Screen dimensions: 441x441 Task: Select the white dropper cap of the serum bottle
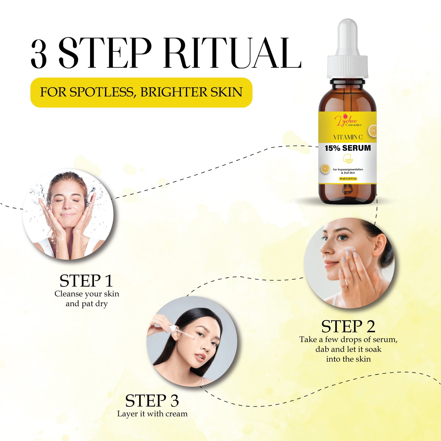pyautogui.click(x=347, y=52)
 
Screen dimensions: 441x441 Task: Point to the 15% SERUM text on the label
pyautogui.click(x=348, y=148)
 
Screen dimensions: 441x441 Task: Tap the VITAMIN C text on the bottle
pyautogui.click(x=348, y=137)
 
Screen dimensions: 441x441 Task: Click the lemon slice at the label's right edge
pyautogui.click(x=373, y=131)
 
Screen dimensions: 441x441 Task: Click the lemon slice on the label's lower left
pyautogui.click(x=325, y=168)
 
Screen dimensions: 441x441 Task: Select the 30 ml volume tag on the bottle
pyautogui.click(x=348, y=179)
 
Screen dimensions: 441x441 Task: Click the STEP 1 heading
pyautogui.click(x=86, y=281)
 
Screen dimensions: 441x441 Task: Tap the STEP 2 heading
pyautogui.click(x=348, y=327)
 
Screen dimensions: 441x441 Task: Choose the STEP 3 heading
pyautogui.click(x=152, y=401)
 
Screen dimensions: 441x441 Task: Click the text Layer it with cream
pyautogui.click(x=152, y=414)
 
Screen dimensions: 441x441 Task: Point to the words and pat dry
pyautogui.click(x=87, y=304)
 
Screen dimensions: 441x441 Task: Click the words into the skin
pyautogui.click(x=348, y=359)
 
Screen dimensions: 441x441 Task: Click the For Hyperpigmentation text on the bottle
pyautogui.click(x=348, y=169)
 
